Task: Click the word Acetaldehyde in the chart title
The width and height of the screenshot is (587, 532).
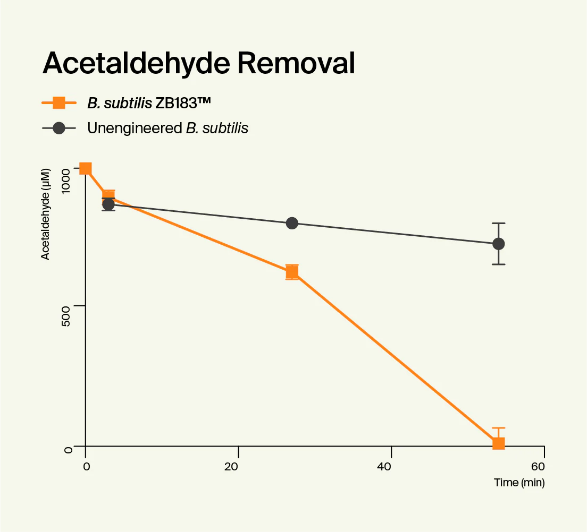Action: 135,64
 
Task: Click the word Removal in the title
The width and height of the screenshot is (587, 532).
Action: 296,64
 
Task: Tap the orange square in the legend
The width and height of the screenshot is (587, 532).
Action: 58,102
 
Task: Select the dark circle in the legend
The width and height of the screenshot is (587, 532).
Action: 58,128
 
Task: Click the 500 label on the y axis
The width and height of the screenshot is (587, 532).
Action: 68,307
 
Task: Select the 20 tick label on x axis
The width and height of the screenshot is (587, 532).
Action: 231,467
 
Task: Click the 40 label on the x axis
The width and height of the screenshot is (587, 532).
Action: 384,467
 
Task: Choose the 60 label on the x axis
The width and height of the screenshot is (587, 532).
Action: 538,467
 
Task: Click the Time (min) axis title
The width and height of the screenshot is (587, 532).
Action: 519,483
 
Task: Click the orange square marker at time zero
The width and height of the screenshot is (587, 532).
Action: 85,169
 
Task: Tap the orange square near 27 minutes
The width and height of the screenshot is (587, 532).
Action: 291,272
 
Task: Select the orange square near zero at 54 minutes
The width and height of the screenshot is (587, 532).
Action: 498,443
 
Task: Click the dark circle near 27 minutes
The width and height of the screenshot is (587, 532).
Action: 292,223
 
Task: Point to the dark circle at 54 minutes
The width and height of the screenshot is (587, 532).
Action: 498,244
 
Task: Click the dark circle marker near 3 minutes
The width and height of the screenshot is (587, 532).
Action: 108,204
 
